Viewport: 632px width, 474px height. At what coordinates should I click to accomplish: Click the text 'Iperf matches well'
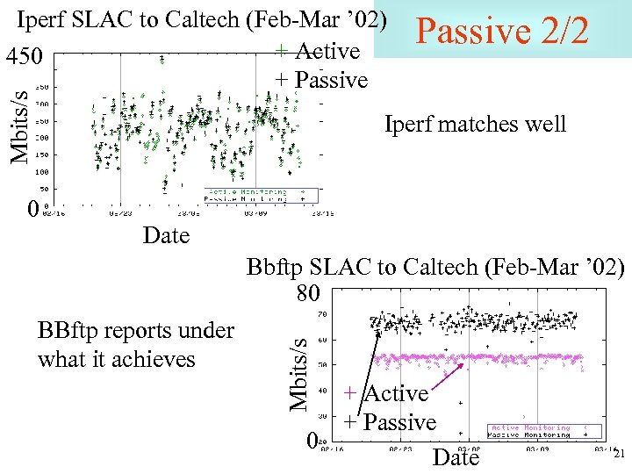[x=475, y=125]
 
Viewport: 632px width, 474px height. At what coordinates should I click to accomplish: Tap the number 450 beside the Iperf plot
[x=24, y=57]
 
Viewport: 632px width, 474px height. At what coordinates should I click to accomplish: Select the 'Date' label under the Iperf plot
[x=166, y=235]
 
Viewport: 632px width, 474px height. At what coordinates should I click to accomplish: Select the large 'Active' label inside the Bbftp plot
[x=396, y=393]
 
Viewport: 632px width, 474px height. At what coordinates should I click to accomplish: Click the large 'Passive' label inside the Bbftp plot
[x=399, y=422]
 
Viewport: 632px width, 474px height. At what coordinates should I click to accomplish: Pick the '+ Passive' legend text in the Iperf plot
[x=321, y=80]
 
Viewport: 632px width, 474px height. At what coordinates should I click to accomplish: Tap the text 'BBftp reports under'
[x=136, y=330]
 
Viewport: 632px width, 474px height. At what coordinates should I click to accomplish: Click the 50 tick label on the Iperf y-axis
[x=43, y=189]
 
